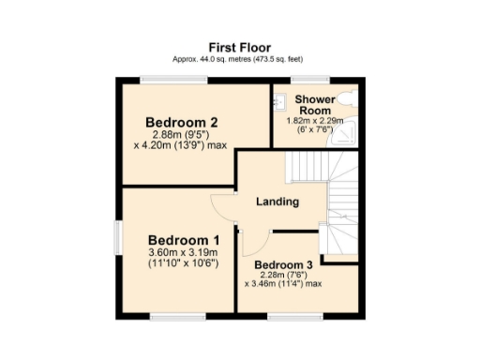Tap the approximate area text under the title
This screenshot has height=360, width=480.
point(239,58)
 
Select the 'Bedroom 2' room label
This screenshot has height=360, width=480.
point(182,122)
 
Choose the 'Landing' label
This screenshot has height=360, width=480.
point(277,201)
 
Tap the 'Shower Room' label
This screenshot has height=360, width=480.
point(314,104)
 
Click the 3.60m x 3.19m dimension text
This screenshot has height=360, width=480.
point(183,252)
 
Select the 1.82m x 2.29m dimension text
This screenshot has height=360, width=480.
point(314,121)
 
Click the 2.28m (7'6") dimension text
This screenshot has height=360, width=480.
point(282,274)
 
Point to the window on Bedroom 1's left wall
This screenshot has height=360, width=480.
point(118,237)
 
